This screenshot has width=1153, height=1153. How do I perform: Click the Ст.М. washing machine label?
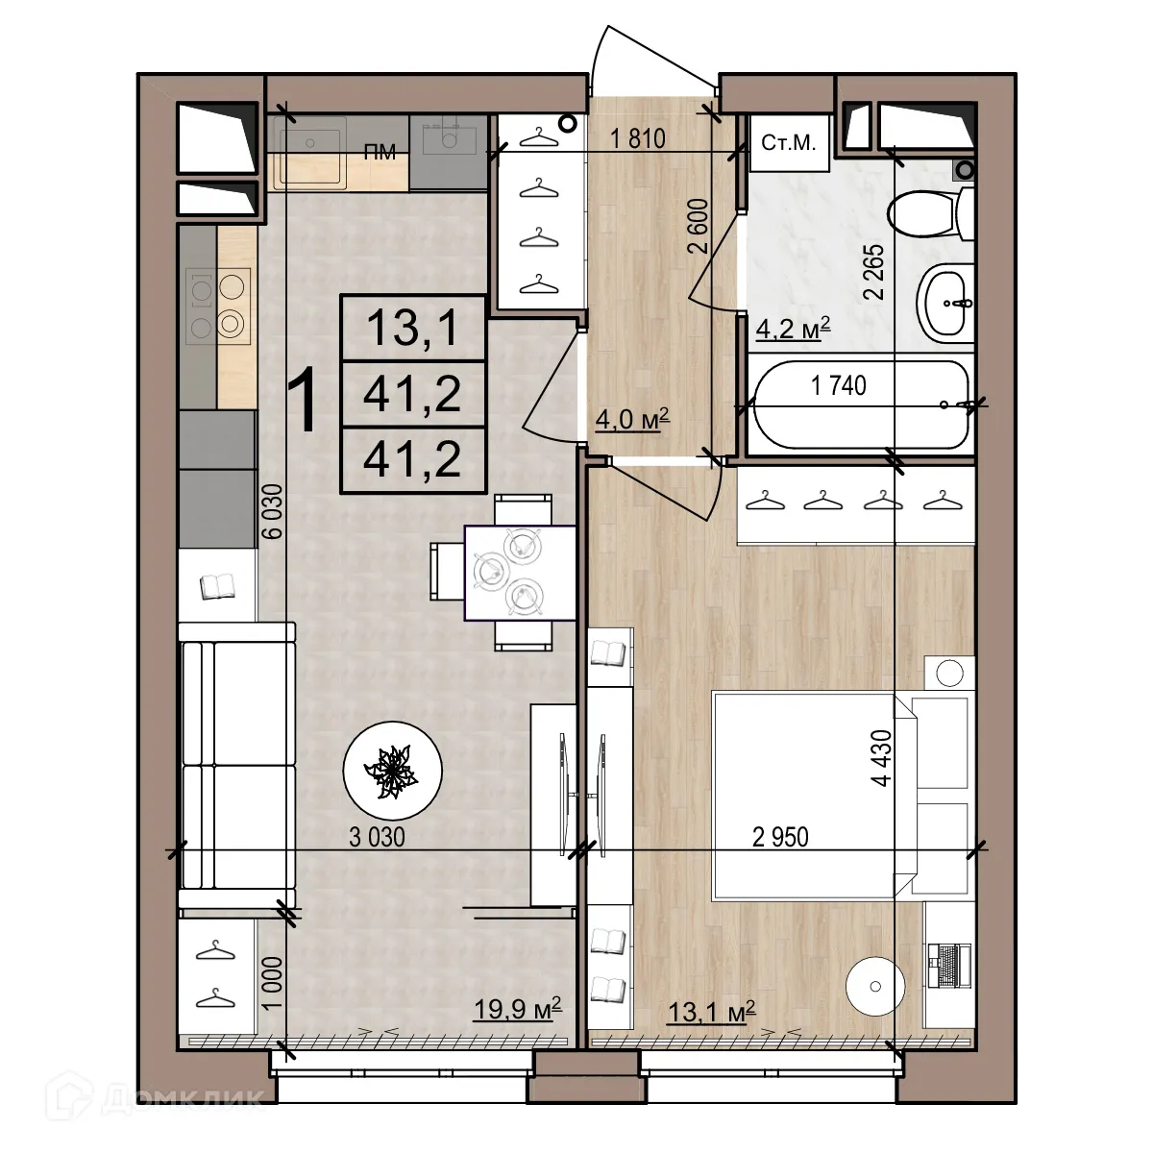(788, 144)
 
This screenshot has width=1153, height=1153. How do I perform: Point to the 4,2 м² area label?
(794, 330)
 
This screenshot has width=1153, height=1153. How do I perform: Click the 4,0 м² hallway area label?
(631, 420)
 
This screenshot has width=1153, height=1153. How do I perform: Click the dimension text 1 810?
(638, 138)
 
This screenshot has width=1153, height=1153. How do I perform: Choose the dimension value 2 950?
(780, 838)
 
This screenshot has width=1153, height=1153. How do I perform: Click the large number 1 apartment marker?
(304, 403)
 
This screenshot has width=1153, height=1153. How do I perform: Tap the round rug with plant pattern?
(392, 769)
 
